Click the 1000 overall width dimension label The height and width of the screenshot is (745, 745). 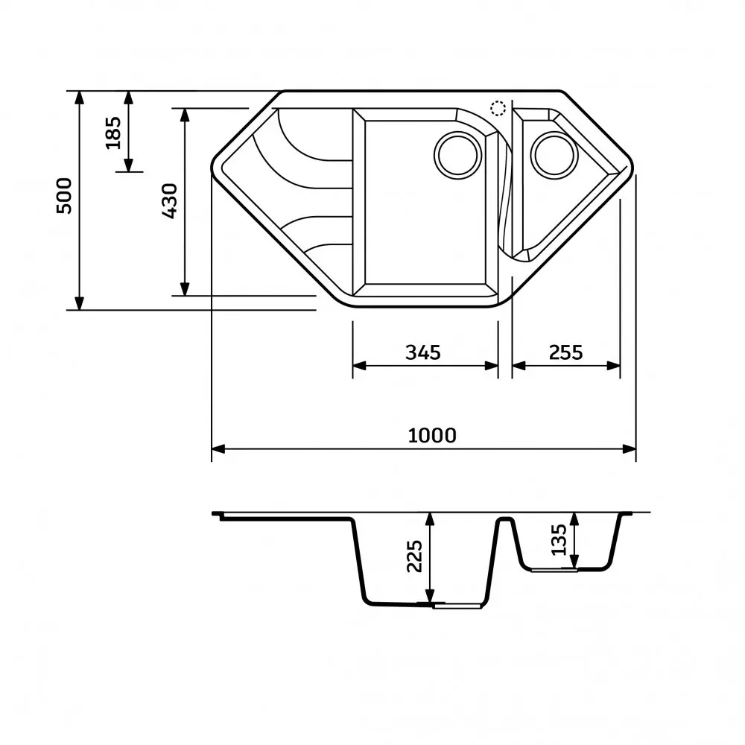pos(432,435)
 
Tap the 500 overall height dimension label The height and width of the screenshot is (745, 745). pos(64,196)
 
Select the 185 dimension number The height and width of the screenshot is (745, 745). pos(113,133)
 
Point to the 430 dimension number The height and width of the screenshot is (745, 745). pos(170,201)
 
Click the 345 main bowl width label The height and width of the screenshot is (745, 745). pos(423,352)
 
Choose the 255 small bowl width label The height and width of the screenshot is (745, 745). pos(565,352)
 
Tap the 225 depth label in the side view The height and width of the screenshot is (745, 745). pos(414,557)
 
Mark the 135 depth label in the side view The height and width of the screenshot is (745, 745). pos(559,539)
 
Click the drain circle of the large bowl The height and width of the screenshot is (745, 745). pos(457,156)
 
